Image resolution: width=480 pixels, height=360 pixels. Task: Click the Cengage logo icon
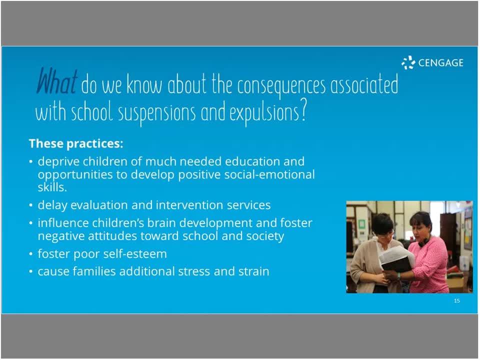click(x=408, y=63)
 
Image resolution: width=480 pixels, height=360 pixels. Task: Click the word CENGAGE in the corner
click(x=440, y=63)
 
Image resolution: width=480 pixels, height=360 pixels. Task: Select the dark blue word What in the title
click(x=57, y=83)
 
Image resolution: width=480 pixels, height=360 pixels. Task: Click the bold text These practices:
click(x=75, y=143)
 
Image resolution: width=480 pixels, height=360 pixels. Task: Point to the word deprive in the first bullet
click(x=56, y=161)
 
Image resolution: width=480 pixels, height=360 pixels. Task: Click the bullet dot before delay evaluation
click(x=31, y=205)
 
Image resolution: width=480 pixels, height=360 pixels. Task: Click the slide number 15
click(x=456, y=301)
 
